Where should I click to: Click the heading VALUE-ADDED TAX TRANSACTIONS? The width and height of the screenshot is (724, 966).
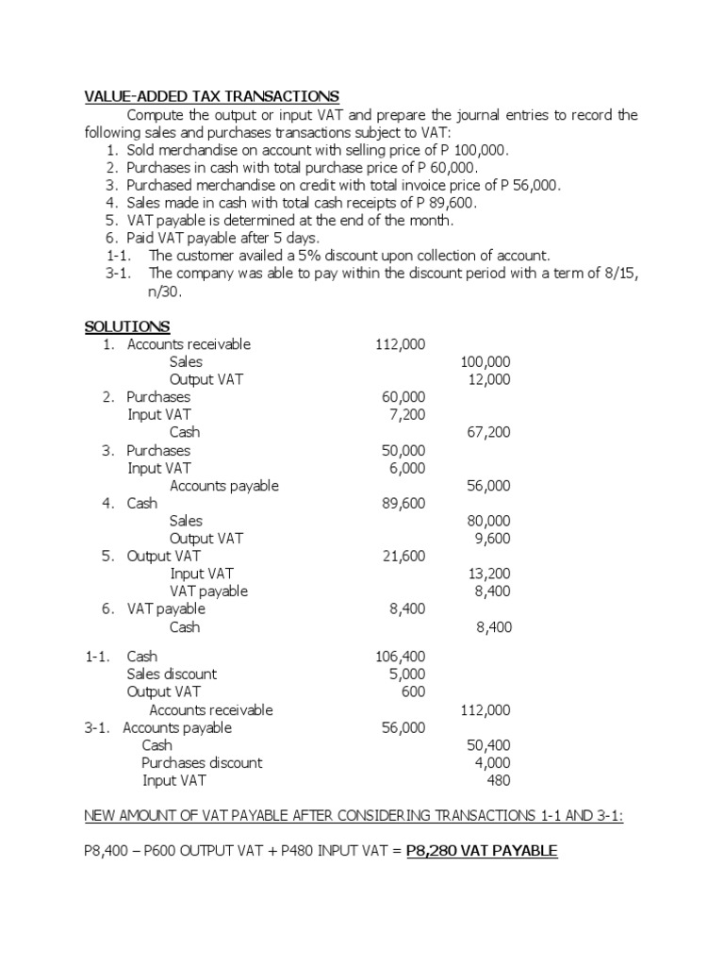tap(212, 97)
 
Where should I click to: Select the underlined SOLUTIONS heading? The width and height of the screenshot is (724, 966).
tap(127, 326)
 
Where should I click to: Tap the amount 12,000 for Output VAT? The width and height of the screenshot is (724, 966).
tap(489, 379)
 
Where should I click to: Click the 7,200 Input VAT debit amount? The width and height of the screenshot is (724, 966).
tap(406, 414)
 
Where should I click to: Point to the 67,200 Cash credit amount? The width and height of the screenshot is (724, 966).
tap(488, 432)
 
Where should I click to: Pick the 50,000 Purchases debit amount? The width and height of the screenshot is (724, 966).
tap(403, 450)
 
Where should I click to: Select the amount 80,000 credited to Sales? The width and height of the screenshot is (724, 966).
tap(488, 521)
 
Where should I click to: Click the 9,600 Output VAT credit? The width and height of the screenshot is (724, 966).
tap(492, 539)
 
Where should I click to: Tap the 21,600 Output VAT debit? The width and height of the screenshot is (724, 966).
tap(403, 557)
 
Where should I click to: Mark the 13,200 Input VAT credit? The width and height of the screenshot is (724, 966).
tap(488, 574)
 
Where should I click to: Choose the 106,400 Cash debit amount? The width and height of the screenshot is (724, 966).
tap(400, 657)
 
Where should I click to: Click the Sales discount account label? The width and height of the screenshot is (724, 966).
tap(172, 675)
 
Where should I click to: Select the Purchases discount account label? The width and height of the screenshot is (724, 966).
tap(202, 762)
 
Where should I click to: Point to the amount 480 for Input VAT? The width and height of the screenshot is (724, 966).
tap(499, 780)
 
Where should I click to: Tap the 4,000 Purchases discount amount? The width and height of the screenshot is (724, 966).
tap(492, 762)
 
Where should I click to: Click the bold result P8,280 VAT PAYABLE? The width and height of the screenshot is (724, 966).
tap(482, 851)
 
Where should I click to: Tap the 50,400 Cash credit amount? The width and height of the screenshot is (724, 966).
tap(488, 745)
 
